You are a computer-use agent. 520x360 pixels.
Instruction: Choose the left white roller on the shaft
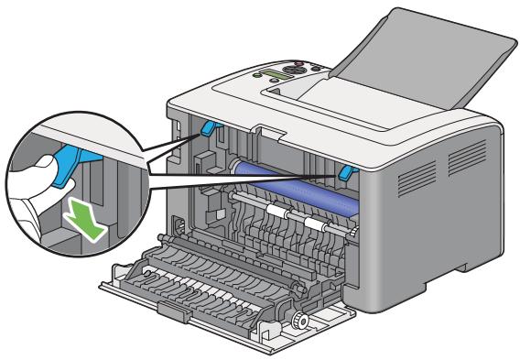pyautogui.click(x=273, y=212)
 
